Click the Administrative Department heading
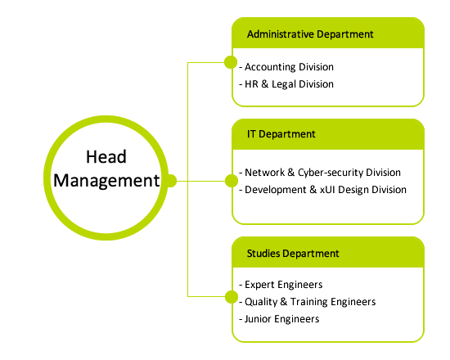coord(310,34)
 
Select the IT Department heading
coord(281,134)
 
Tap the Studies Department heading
coord(293,254)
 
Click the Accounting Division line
coord(286,67)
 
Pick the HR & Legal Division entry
coord(286,84)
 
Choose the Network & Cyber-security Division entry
coord(320,173)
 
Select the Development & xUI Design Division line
coord(323,190)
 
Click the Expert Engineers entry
coord(281,285)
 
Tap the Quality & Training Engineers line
coord(308,302)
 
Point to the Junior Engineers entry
coord(279,319)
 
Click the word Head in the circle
coord(106,157)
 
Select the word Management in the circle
coord(106,181)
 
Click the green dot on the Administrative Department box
coord(231,62)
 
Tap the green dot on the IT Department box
coord(232,181)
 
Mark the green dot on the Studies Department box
coord(232,296)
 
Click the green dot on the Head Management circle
coord(171,181)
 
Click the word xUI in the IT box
coord(327,190)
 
